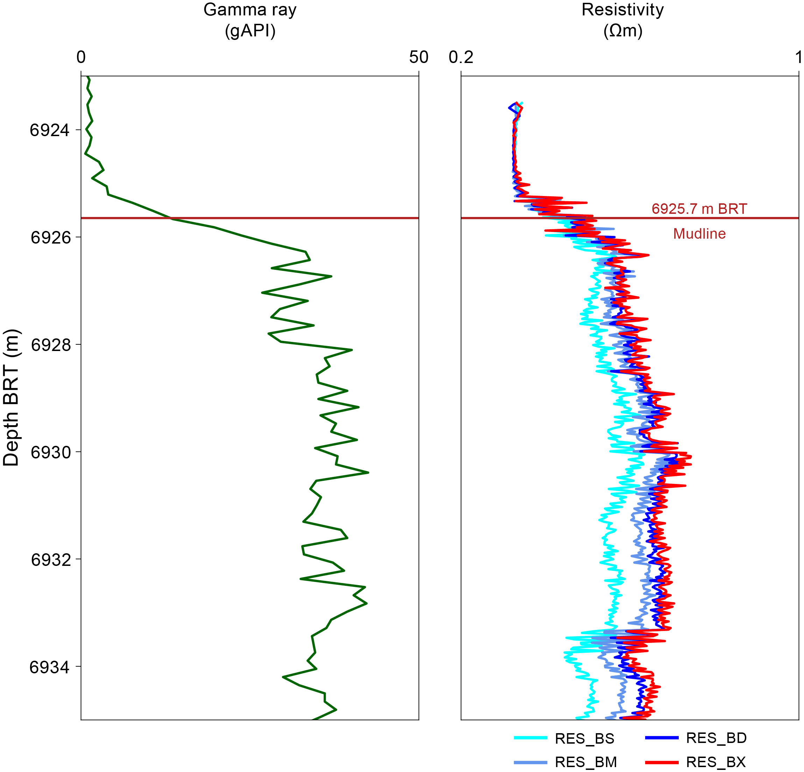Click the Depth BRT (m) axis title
click(11, 398)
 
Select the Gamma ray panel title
click(250, 10)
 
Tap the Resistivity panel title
click(622, 10)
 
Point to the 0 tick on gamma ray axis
click(81, 57)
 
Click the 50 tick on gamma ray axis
click(418, 57)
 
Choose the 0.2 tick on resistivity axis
click(461, 57)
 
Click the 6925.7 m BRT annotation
click(699, 209)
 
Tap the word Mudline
click(699, 234)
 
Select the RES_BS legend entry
click(584, 739)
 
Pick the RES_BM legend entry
click(585, 762)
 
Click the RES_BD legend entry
click(716, 738)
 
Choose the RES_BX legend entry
click(715, 762)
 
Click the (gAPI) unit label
click(250, 31)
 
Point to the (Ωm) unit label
click(622, 31)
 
